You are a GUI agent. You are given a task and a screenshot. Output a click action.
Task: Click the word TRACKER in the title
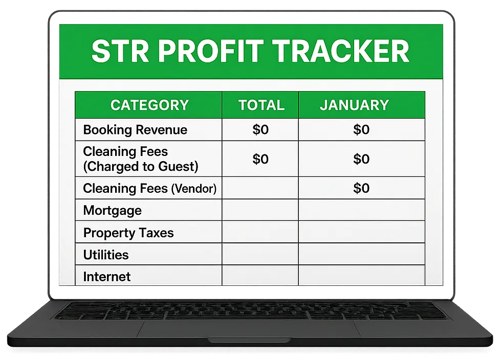pos(342,51)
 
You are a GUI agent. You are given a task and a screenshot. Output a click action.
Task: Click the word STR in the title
pos(120,51)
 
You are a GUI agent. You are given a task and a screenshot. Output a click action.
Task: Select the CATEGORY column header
pos(149,105)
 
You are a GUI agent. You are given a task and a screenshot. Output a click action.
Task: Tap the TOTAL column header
pos(261,105)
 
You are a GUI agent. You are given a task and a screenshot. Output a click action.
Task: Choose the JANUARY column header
pos(354,105)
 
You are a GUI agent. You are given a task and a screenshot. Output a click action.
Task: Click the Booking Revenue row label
pos(135,130)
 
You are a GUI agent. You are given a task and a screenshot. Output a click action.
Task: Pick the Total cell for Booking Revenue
pos(260,129)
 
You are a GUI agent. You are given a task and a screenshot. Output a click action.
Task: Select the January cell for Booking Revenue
pos(361,129)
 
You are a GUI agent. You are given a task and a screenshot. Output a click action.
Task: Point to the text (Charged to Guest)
pos(141,166)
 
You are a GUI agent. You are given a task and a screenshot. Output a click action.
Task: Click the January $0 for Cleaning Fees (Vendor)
pos(361,188)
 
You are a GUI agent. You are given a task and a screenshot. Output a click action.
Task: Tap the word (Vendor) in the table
pos(194,189)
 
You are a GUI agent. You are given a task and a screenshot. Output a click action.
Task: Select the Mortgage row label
pos(113,211)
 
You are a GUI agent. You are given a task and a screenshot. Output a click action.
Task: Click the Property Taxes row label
pos(128,233)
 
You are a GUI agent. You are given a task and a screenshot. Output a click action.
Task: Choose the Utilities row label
pos(106,255)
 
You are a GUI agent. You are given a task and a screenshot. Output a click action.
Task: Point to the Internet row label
pos(107,277)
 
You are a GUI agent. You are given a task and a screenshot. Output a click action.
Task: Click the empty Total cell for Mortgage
pos(260,210)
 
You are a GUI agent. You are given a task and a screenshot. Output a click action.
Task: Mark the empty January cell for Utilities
pos(361,254)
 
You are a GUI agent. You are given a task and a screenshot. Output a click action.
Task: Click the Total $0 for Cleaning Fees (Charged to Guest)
pos(260,159)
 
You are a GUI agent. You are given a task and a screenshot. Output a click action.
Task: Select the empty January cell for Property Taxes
pos(361,232)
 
